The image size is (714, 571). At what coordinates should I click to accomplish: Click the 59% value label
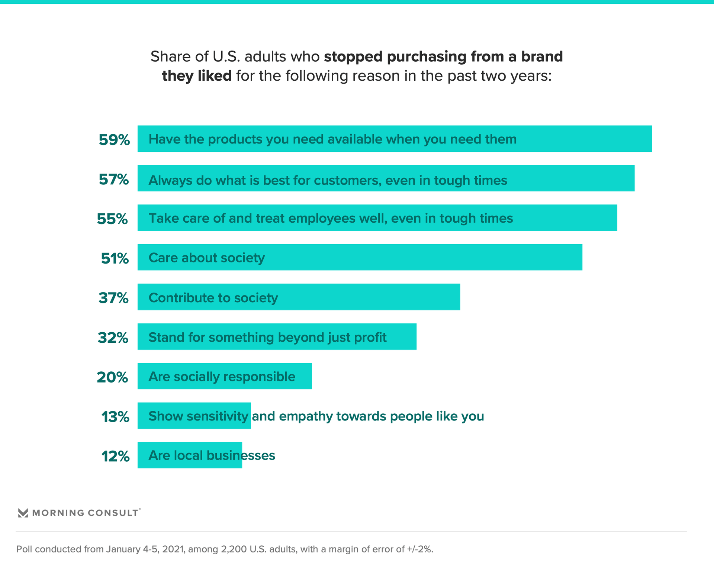coord(114,140)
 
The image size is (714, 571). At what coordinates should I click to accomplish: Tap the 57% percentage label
coord(114,180)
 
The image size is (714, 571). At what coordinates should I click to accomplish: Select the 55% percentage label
coord(112,219)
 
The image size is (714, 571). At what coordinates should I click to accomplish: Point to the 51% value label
coord(115,258)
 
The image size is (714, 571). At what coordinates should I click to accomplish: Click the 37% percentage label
coord(114,298)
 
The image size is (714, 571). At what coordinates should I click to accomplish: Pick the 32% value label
coord(113,338)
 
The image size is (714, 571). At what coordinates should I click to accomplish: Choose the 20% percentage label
coord(112,377)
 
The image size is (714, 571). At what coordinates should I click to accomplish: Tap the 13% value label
coord(115,417)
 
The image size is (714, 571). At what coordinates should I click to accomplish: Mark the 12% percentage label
coord(115,457)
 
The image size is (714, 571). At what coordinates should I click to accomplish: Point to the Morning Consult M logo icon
coord(23,513)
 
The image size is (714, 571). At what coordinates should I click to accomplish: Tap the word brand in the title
coord(542,57)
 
